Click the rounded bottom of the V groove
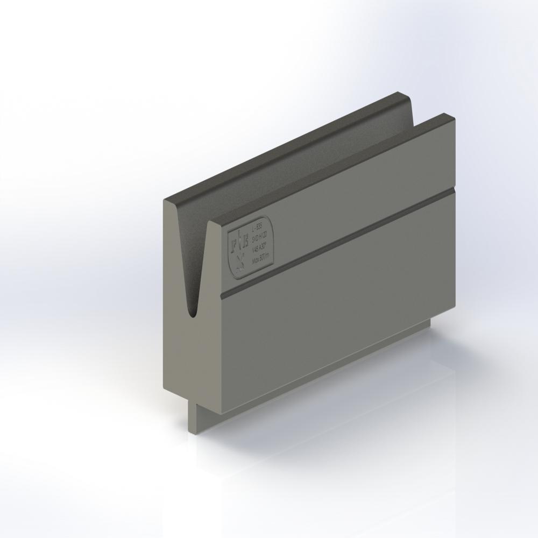pyautogui.click(x=190, y=311)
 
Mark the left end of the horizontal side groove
pyautogui.click(x=222, y=295)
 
